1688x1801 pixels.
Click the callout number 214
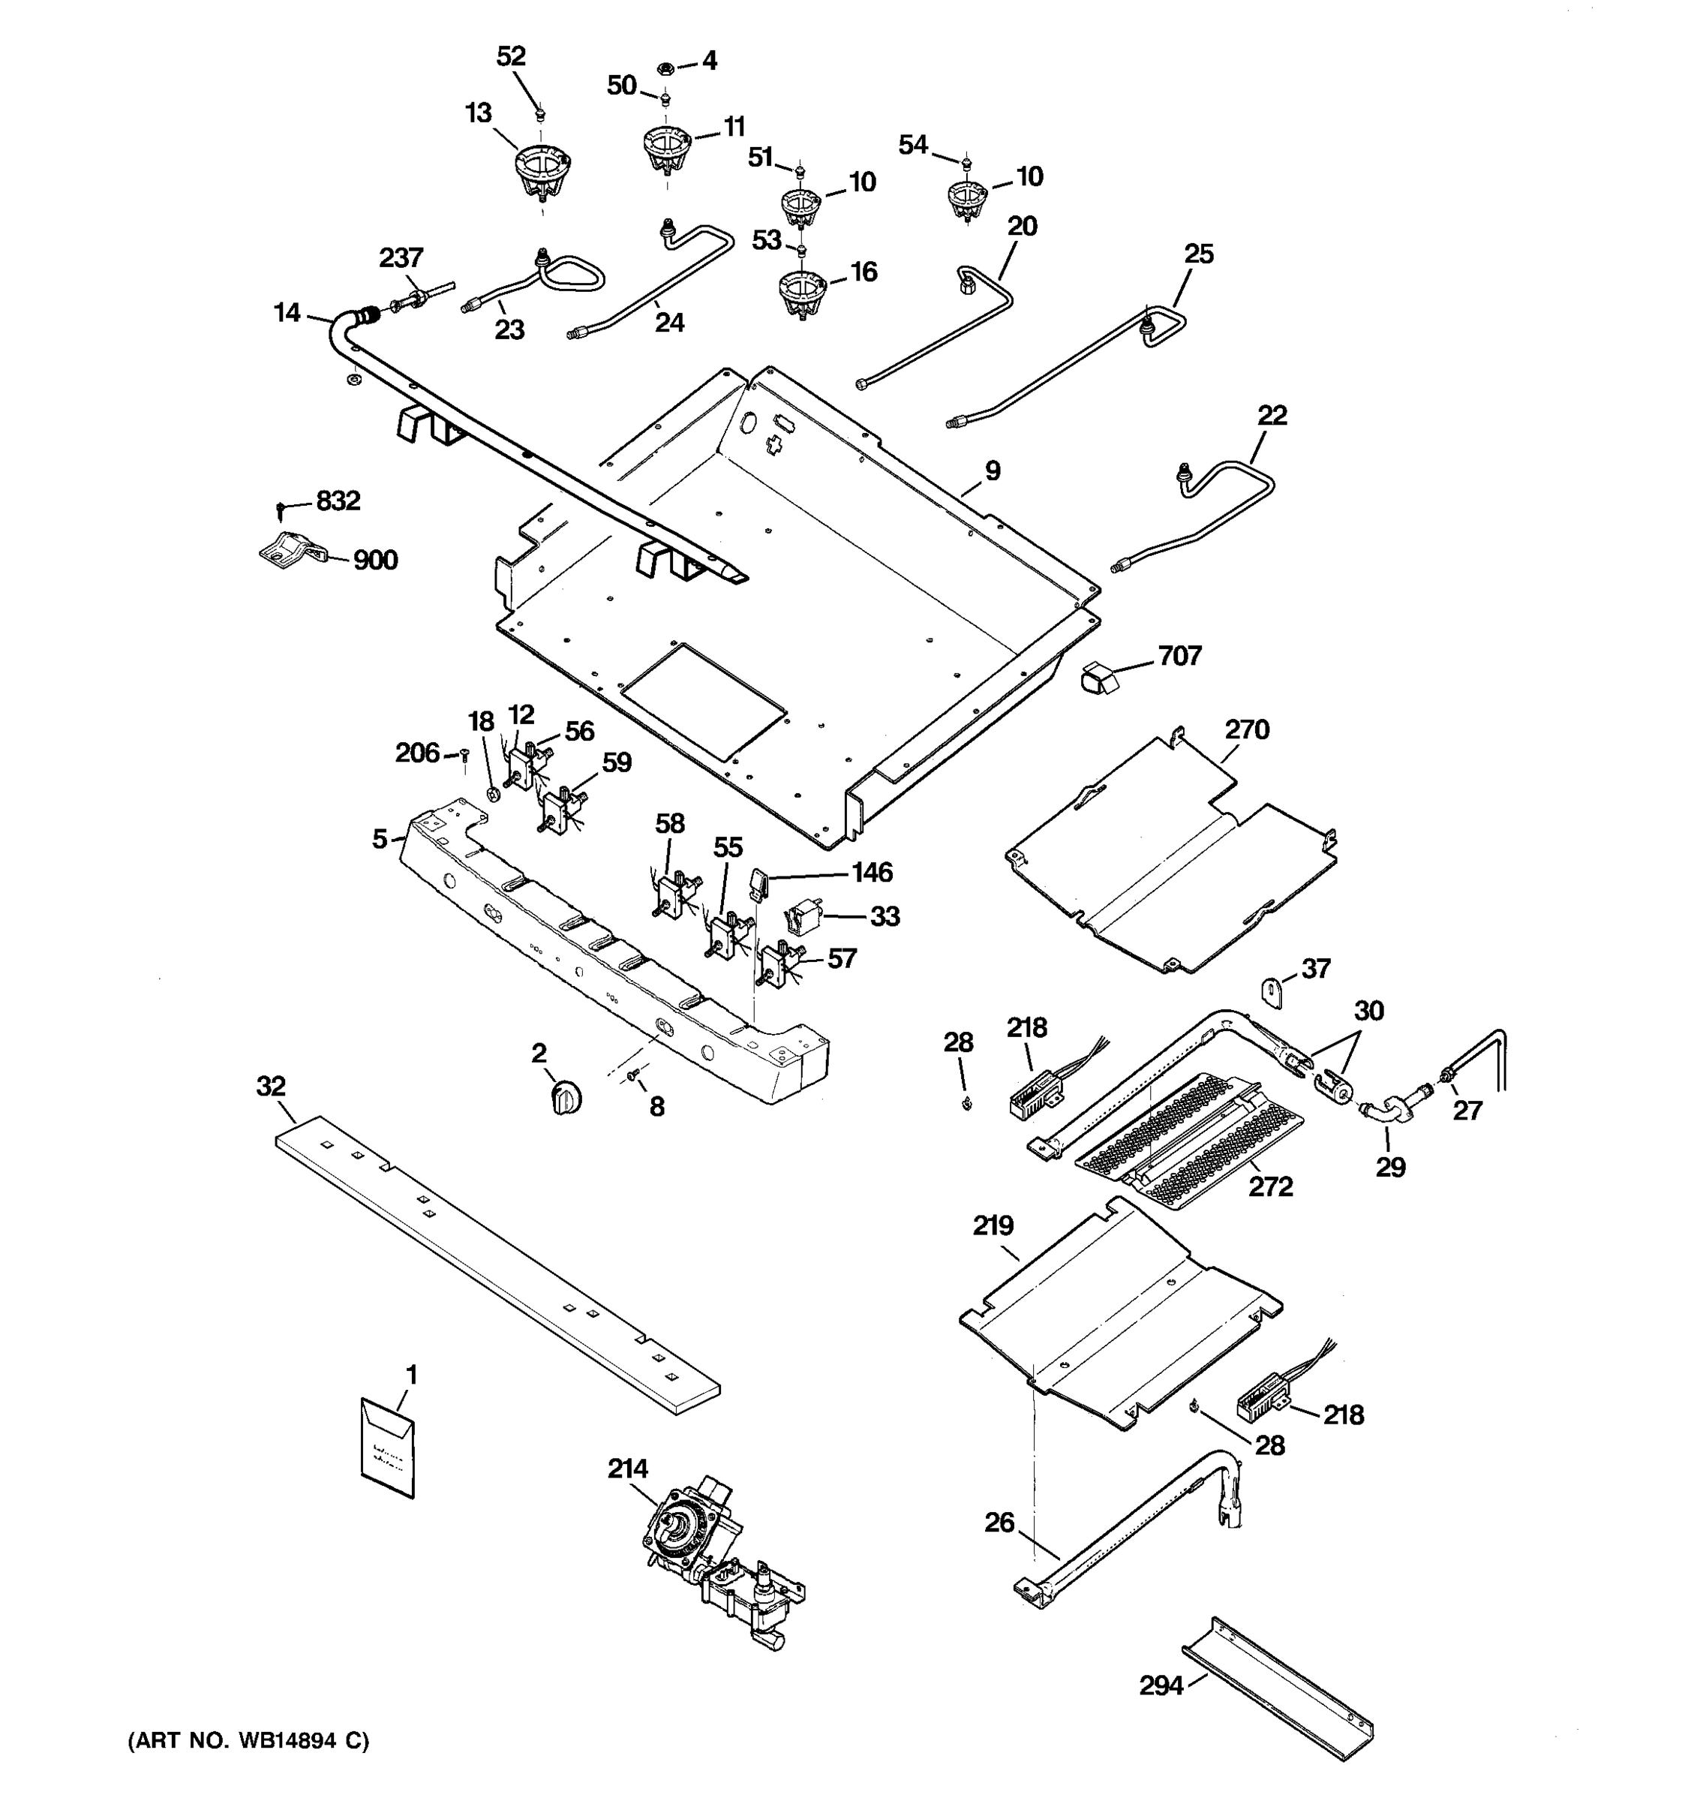pyautogui.click(x=628, y=1469)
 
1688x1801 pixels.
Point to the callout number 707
pyautogui.click(x=1179, y=655)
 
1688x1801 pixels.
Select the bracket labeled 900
pyautogui.click(x=290, y=550)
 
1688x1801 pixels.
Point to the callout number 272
pyautogui.click(x=1271, y=1186)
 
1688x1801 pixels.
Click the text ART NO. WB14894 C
pyautogui.click(x=248, y=1740)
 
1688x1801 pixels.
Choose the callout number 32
pyautogui.click(x=271, y=1085)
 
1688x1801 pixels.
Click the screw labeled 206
pyautogui.click(x=464, y=755)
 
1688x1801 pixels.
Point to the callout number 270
pyautogui.click(x=1247, y=729)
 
